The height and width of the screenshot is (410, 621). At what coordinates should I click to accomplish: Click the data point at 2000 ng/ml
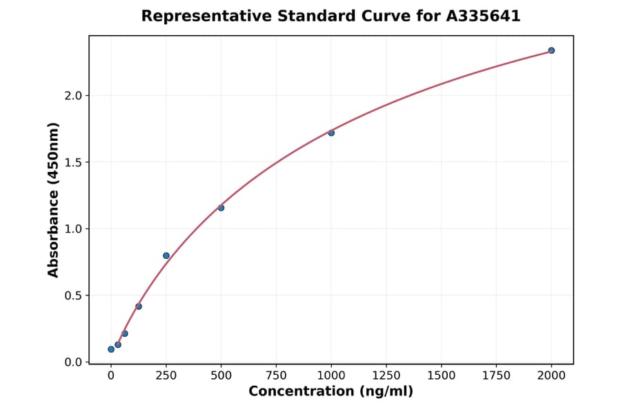point(551,50)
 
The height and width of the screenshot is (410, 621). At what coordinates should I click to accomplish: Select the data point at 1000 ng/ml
point(331,133)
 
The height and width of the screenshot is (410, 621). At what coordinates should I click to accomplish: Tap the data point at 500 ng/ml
point(221,208)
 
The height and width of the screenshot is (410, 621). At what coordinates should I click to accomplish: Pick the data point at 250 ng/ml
point(166,255)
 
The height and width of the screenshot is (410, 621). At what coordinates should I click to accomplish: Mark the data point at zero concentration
point(111,349)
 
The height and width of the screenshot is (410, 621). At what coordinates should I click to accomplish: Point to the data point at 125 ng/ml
point(139,306)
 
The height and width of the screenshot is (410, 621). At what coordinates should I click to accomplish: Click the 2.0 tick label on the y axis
point(72,95)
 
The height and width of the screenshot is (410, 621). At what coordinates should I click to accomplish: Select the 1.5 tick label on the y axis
point(72,162)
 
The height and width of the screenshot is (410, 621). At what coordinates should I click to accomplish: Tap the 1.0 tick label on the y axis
point(72,229)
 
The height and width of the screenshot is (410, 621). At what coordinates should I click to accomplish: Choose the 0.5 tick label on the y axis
point(72,295)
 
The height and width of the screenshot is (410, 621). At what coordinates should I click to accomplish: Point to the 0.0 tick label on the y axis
point(72,362)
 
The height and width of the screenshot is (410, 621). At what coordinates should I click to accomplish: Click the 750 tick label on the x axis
point(276,375)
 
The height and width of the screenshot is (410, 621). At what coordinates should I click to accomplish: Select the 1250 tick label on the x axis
point(386,375)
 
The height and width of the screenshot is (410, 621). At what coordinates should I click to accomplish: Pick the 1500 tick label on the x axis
point(442,375)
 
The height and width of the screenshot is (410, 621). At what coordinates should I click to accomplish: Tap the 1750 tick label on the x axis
point(496,375)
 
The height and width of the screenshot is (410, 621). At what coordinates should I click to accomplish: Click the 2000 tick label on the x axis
point(551,375)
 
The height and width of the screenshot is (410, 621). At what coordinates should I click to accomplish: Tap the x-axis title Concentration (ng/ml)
point(331,392)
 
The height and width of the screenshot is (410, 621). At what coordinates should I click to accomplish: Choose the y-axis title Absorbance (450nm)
point(54,199)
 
